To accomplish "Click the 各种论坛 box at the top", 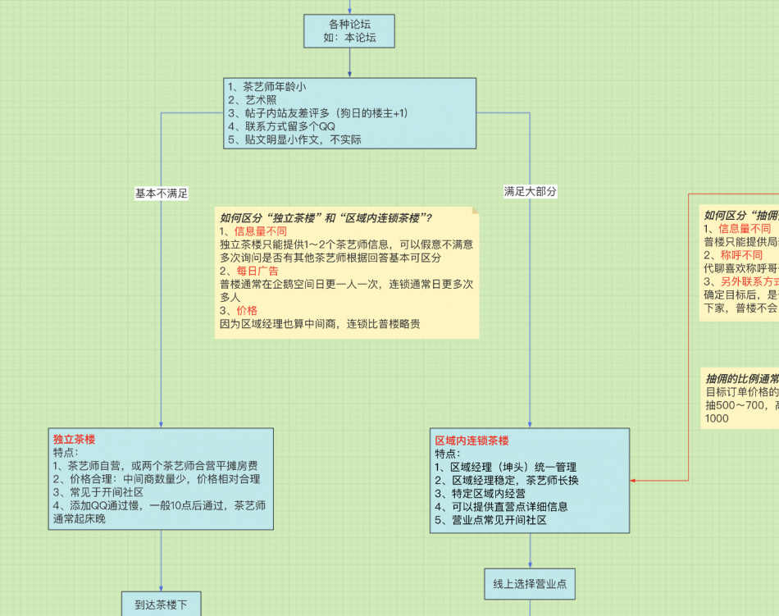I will pos(349,30).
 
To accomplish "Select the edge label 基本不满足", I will pos(162,194).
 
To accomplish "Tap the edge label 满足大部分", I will pos(530,191).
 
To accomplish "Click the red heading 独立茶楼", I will pos(75,440).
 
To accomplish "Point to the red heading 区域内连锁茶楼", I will pos(471,440).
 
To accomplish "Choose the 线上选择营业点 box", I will pos(530,583).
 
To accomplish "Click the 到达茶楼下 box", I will pos(162,605).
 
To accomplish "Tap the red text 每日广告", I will pos(257,271).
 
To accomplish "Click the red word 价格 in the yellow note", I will pos(246,311).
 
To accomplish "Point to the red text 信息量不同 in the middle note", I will pos(261,231).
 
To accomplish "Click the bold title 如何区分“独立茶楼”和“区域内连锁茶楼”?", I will pos(326,217).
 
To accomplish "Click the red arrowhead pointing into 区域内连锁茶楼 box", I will pos(634,481).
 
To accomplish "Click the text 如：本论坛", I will pos(349,39).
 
